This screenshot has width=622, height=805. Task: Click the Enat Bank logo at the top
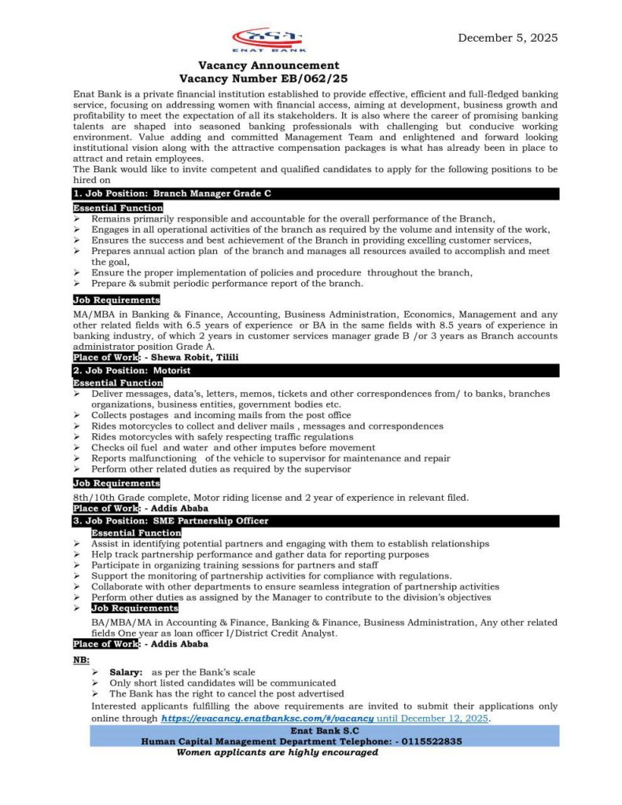coord(270,39)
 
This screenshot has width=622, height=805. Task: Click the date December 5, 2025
coord(508,37)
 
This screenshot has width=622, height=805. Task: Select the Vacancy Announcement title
coord(268,65)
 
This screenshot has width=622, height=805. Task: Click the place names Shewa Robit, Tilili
coord(195,357)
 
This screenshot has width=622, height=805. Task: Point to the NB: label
coord(81,660)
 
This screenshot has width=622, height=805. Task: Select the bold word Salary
coord(126,672)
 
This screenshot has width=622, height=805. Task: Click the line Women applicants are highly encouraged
coord(277,752)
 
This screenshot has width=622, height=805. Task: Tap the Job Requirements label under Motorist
coord(116,483)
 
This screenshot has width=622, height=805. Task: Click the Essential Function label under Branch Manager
coord(118,208)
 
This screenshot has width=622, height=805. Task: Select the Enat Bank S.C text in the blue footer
coord(324,730)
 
